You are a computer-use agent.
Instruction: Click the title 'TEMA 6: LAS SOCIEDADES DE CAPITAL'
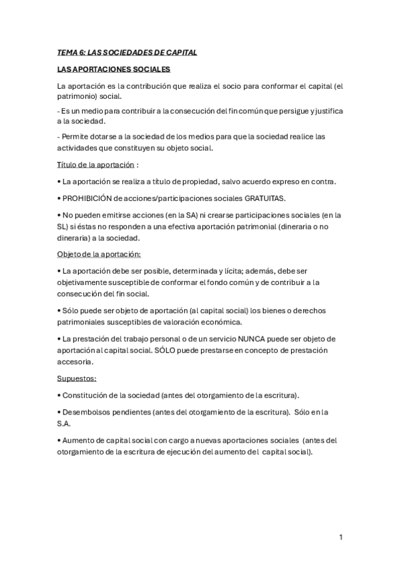(127, 52)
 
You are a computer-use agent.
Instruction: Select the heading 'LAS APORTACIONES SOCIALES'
(114, 69)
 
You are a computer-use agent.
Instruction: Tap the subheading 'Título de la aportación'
(97, 165)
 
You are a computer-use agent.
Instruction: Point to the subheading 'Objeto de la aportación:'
(99, 254)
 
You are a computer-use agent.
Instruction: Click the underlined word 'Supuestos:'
(77, 378)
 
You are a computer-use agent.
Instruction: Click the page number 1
(341, 537)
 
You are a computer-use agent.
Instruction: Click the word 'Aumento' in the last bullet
(79, 441)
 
